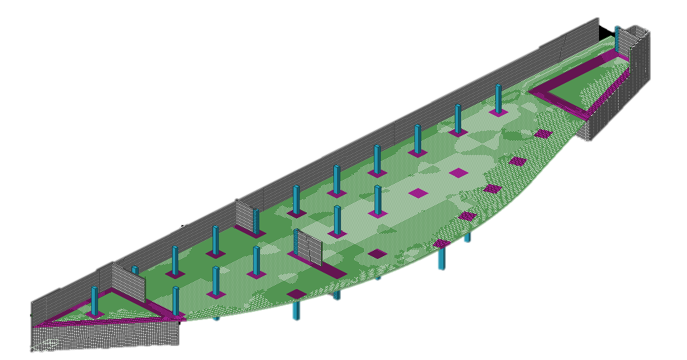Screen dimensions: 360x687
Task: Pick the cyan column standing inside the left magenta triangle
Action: point(95,301)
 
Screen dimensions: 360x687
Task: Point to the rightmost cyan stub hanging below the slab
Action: point(467,237)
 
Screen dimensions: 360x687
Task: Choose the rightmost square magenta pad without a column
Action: point(543,133)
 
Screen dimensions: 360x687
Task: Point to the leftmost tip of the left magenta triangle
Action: point(34,325)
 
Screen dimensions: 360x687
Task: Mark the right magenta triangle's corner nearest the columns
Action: point(531,92)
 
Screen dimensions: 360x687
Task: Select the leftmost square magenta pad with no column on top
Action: point(296,294)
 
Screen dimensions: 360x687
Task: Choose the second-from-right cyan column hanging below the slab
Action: point(442,258)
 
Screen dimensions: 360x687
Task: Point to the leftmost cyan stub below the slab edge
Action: point(216,318)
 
